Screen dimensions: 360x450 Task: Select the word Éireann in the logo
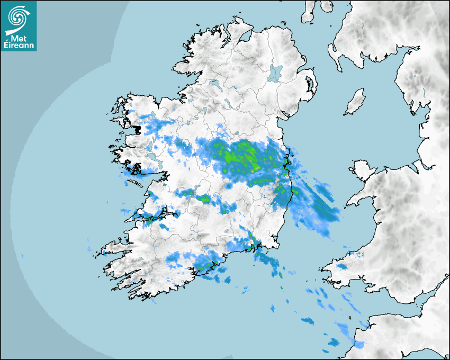[x=20, y=46]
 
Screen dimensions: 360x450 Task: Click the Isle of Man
[x=355, y=102]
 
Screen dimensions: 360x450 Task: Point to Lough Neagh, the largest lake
[x=275, y=73]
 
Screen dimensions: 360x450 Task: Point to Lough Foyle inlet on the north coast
[x=243, y=37]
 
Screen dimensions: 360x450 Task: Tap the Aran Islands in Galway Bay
[x=136, y=183]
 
